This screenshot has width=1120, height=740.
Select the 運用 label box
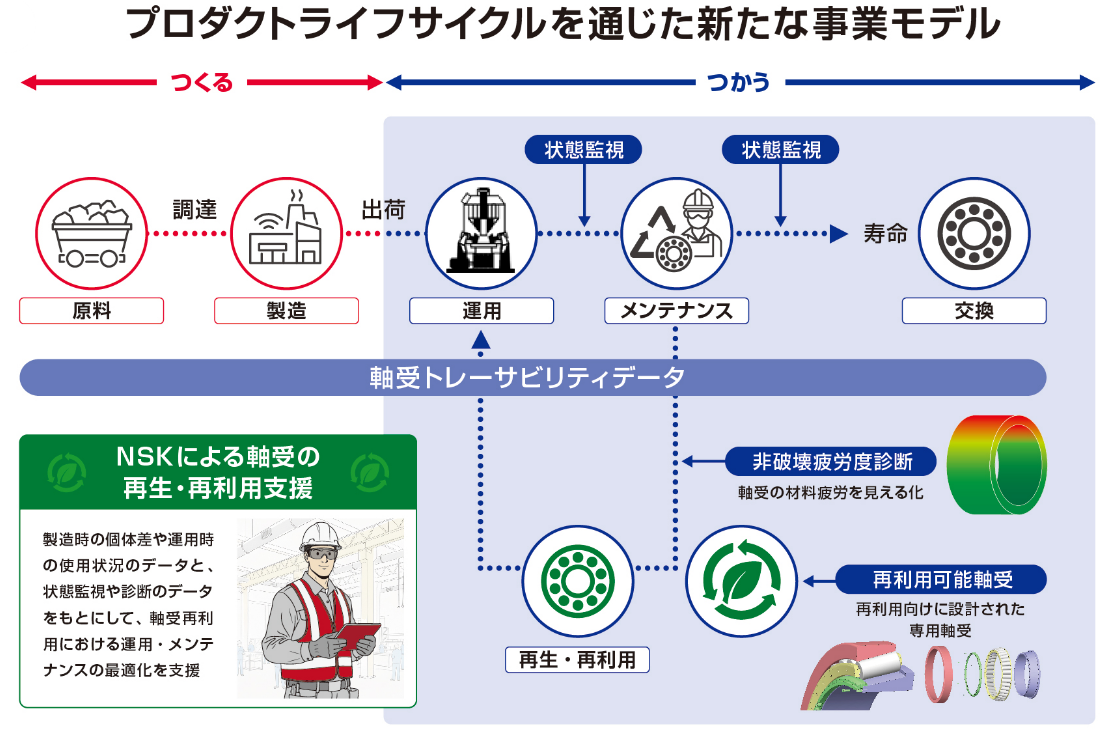point(481,311)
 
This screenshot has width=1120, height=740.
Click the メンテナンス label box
point(677,311)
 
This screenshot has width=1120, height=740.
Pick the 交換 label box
point(973,311)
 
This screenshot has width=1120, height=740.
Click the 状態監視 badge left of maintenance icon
point(584,150)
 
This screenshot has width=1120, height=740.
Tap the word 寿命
point(884,234)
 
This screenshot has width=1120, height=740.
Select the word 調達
point(194,210)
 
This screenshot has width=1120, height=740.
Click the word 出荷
point(383,210)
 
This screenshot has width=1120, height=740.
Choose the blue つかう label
point(739,83)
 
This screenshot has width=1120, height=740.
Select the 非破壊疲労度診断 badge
point(831,461)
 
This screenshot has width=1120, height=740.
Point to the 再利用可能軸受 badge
point(942,579)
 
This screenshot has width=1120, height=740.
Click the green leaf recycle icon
point(741,580)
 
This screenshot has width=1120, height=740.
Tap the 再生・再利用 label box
point(577,660)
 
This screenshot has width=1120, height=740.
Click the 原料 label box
point(91,311)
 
